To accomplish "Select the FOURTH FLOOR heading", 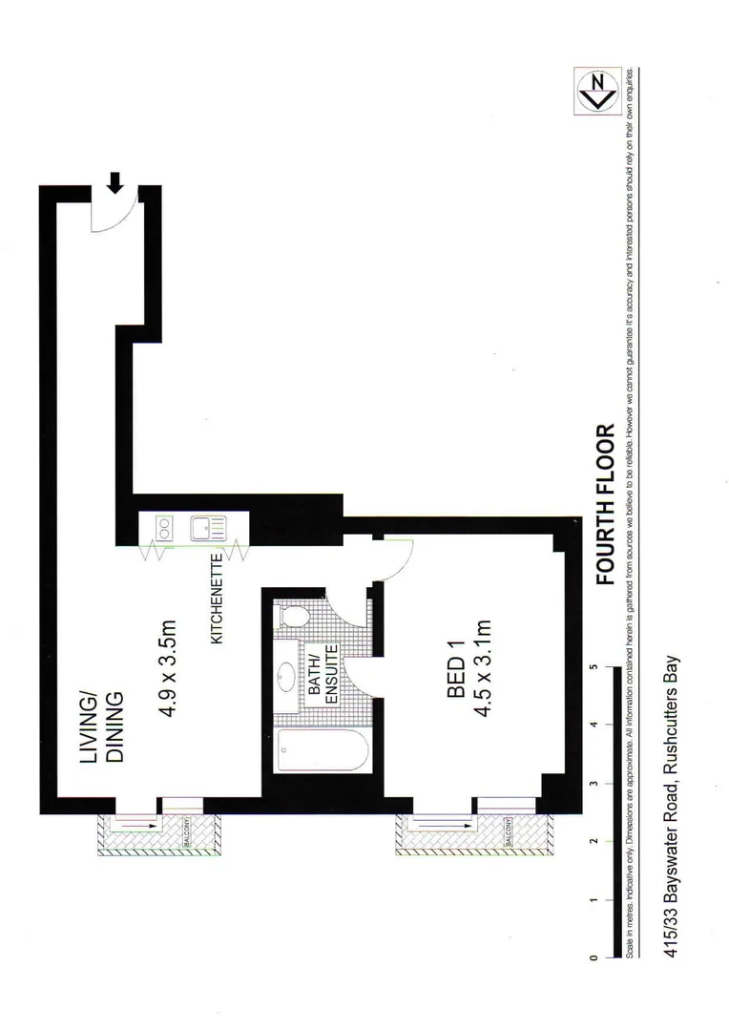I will pos(603,504).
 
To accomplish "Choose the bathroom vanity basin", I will pos(286,679).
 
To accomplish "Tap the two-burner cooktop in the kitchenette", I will pos(160,528).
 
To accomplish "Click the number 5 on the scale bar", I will pos(594,667).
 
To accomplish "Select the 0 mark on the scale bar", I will pos(594,957).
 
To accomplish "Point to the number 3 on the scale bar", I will pos(594,784).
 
